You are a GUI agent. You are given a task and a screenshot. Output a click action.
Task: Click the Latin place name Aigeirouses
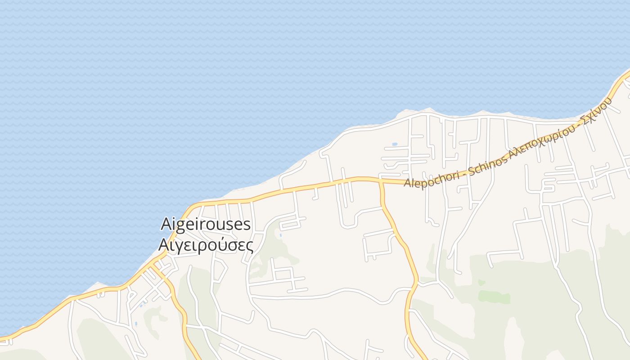click(x=206, y=224)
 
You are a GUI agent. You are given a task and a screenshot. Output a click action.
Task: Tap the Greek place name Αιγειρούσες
click(x=206, y=245)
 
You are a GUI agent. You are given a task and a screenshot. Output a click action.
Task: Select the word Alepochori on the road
click(x=432, y=179)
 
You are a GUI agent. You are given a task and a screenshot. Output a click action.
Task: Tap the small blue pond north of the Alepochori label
click(x=395, y=144)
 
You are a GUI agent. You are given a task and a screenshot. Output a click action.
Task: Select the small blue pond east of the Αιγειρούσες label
click(x=280, y=235)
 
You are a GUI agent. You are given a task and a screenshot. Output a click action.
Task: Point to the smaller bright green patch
click(x=481, y=283)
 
